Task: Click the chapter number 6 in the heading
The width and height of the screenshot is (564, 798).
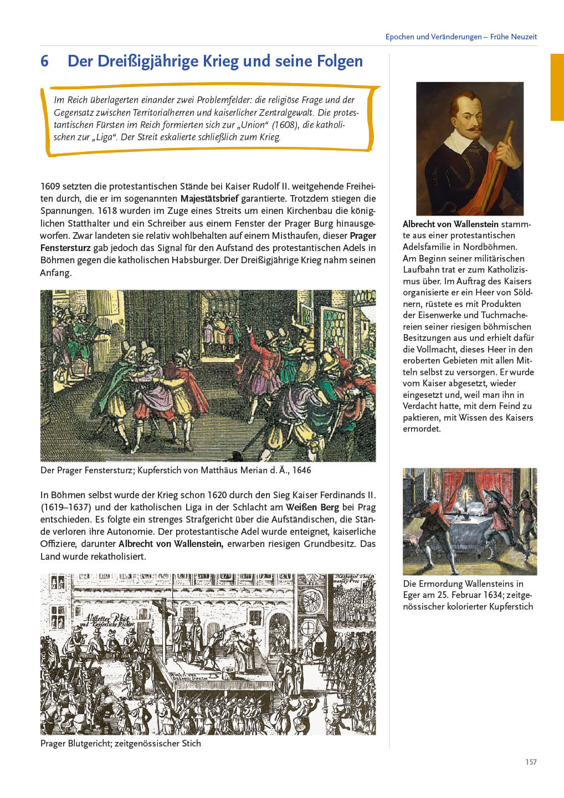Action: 44,61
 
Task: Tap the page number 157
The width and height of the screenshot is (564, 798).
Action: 531,762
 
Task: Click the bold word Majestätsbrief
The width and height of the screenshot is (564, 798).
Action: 209,198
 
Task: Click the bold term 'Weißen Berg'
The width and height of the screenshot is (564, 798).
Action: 312,507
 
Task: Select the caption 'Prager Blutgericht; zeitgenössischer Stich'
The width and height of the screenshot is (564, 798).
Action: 121,743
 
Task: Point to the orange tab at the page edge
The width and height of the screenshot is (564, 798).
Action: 557,87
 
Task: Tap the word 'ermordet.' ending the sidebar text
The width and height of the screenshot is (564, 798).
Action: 422,428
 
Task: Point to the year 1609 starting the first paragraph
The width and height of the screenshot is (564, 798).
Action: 50,186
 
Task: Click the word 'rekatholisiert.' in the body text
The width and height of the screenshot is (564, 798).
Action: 119,556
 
